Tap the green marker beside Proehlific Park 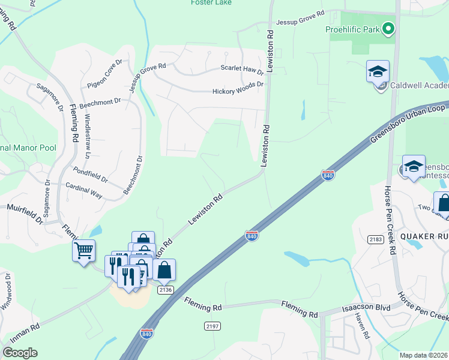388,28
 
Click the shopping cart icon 83,250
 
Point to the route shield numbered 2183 376,239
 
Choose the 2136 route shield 166,290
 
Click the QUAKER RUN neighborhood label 423,236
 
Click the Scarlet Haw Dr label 243,69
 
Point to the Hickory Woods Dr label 238,92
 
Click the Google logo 20,353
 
